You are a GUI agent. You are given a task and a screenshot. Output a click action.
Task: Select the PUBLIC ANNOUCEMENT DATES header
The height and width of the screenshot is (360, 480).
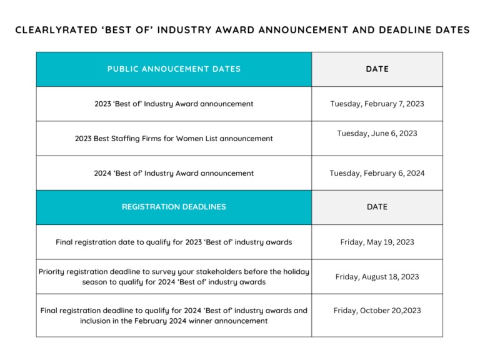pyautogui.click(x=174, y=69)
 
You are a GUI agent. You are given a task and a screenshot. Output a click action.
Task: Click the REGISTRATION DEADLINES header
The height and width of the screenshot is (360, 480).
pyautogui.click(x=174, y=207)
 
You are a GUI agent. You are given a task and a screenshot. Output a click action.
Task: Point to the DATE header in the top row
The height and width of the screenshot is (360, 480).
pyautogui.click(x=377, y=69)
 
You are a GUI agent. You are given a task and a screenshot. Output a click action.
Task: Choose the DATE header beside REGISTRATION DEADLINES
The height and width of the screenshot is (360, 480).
pyautogui.click(x=377, y=207)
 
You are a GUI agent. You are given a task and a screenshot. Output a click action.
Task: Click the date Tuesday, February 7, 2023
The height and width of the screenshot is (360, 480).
pyautogui.click(x=377, y=104)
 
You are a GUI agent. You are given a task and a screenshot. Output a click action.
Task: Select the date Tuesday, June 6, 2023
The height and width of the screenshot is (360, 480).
pyautogui.click(x=377, y=134)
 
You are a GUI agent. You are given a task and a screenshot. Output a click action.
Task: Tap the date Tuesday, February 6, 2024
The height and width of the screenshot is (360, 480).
pyautogui.click(x=377, y=173)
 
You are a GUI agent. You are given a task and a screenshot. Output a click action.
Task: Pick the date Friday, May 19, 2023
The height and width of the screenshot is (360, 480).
pyautogui.click(x=377, y=242)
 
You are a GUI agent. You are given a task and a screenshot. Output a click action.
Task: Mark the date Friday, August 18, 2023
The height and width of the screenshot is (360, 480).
pyautogui.click(x=377, y=277)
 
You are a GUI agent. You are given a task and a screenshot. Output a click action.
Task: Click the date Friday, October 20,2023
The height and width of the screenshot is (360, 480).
pyautogui.click(x=377, y=311)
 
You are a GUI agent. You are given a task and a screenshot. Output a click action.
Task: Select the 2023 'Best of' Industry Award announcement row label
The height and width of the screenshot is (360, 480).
pyautogui.click(x=174, y=104)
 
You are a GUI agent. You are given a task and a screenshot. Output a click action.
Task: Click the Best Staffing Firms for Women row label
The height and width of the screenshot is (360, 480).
pyautogui.click(x=174, y=139)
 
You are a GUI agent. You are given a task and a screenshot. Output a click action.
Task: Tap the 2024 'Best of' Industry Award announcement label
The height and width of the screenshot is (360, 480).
pyautogui.click(x=174, y=173)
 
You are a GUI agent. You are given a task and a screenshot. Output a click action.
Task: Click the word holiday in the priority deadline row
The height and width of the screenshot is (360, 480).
pyautogui.click(x=296, y=272)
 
